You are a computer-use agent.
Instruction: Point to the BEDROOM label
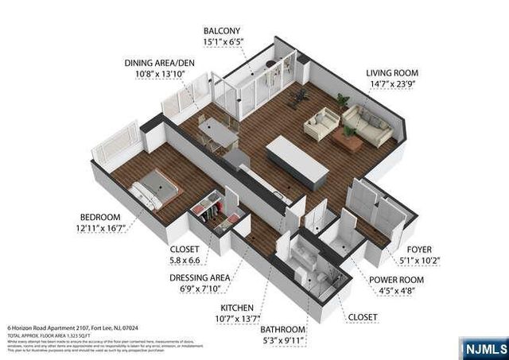[x=99, y=217]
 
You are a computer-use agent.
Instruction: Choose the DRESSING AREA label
[x=200, y=277]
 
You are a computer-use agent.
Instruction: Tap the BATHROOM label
[x=285, y=329]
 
